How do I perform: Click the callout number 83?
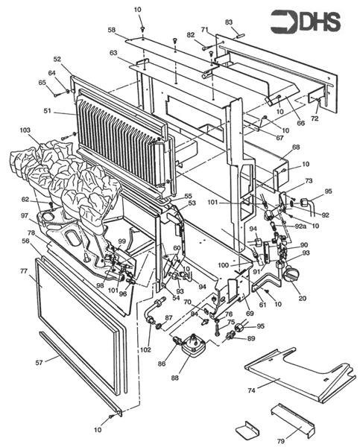tap(229, 22)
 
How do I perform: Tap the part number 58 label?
tap(111, 30)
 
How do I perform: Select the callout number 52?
tap(57, 59)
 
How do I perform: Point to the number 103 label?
tap(25, 130)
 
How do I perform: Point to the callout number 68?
tap(296, 148)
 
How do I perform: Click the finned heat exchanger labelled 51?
tap(119, 134)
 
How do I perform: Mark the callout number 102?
tap(145, 349)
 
